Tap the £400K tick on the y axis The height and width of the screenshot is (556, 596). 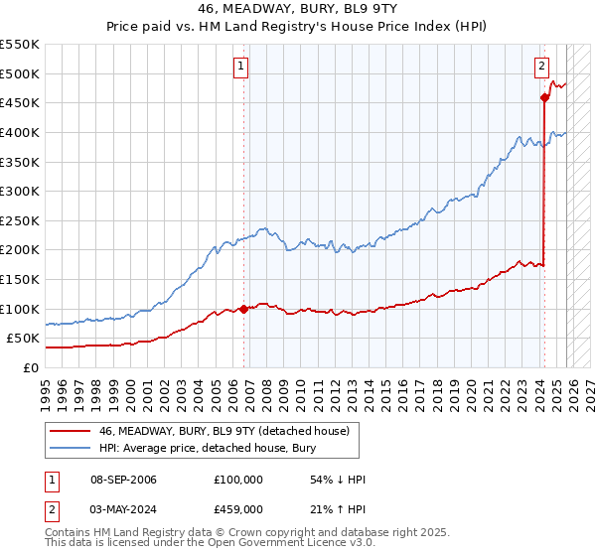(20, 132)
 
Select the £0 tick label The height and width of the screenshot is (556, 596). (29, 368)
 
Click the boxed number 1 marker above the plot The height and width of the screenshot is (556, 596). (241, 67)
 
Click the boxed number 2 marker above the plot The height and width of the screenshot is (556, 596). (541, 67)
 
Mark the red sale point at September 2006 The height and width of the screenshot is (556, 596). (243, 309)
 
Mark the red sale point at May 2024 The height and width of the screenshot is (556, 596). (544, 97)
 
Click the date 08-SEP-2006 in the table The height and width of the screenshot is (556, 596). (120, 480)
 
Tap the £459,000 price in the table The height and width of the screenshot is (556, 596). (238, 509)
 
